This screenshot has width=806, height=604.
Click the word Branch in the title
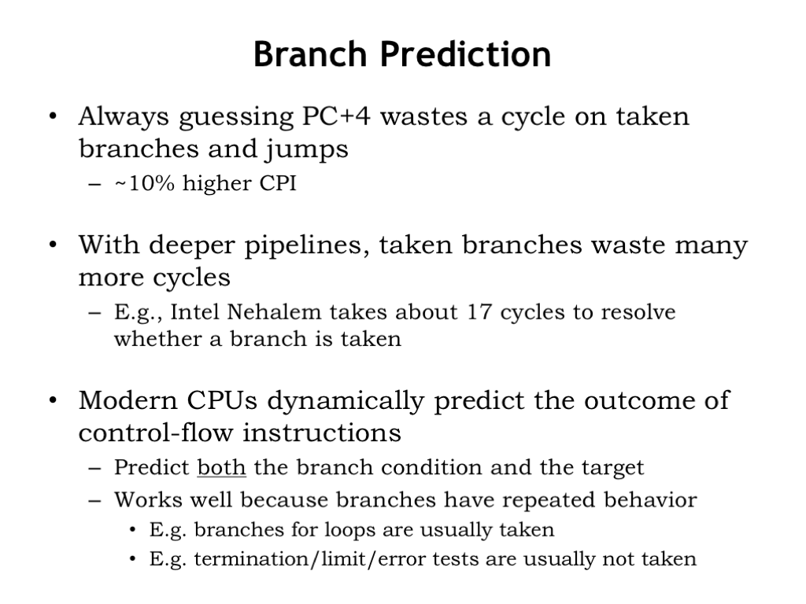point(310,54)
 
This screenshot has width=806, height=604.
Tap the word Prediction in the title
point(466,54)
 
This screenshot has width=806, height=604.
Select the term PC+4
point(336,116)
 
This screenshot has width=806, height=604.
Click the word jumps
point(307,150)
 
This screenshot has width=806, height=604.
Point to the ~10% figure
point(145,183)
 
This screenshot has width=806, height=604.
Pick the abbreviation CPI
point(278,183)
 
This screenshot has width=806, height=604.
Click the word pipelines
point(307,245)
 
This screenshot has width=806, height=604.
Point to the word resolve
point(638,311)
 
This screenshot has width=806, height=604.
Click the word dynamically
point(346,401)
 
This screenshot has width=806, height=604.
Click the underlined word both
point(221,467)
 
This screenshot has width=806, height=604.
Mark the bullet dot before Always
point(53,116)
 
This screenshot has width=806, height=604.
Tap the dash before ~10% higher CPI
point(94,184)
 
